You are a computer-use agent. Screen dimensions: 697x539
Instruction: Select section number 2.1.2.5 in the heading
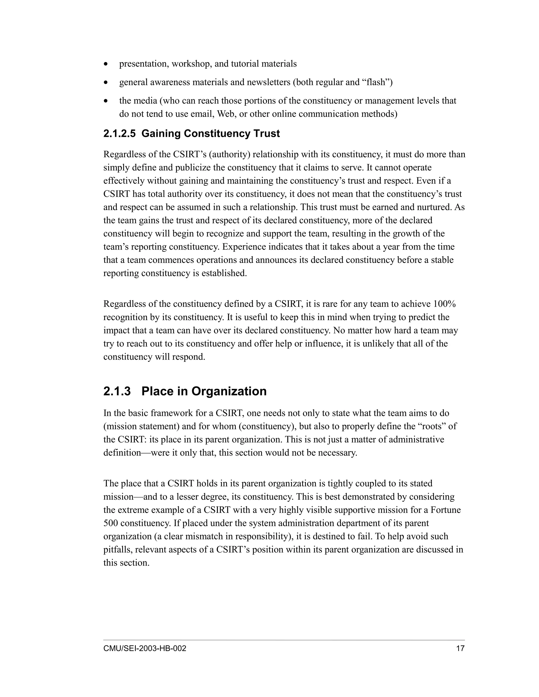coord(120,133)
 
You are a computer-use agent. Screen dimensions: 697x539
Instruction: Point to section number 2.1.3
coord(117,391)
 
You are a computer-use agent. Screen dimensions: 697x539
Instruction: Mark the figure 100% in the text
coord(444,304)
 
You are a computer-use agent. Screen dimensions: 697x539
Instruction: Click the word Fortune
coord(446,510)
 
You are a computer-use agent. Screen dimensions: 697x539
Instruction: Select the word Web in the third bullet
coord(226,114)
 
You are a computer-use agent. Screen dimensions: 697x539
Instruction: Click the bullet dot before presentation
coord(106,64)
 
